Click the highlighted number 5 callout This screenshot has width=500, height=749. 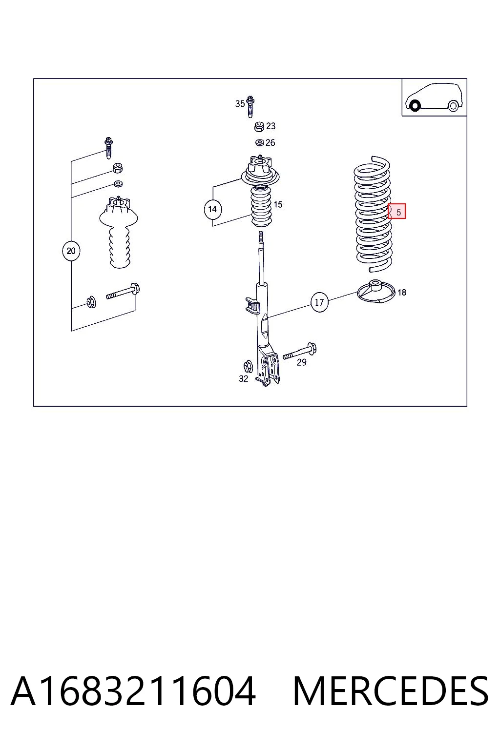coord(396,211)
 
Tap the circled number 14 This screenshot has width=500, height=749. coord(212,209)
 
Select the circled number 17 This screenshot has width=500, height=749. coord(319,302)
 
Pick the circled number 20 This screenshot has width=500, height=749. coord(71,251)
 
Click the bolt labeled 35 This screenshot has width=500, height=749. coord(250,106)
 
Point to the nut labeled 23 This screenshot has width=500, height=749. coord(259,127)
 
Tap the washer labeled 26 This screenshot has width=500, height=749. coord(260,143)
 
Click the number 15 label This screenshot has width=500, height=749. coord(278,204)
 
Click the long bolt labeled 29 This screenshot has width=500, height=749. coord(300,352)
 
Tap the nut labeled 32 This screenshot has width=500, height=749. coord(248,366)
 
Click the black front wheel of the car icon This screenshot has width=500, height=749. coord(415,106)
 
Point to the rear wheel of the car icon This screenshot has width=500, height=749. coord(453,106)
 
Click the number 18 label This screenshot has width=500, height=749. coord(402,293)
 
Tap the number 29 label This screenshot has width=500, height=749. coord(302,362)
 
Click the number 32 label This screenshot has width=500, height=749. coord(244,379)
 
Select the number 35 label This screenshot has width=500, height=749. coord(240,104)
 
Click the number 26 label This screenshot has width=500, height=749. coord(270,143)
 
